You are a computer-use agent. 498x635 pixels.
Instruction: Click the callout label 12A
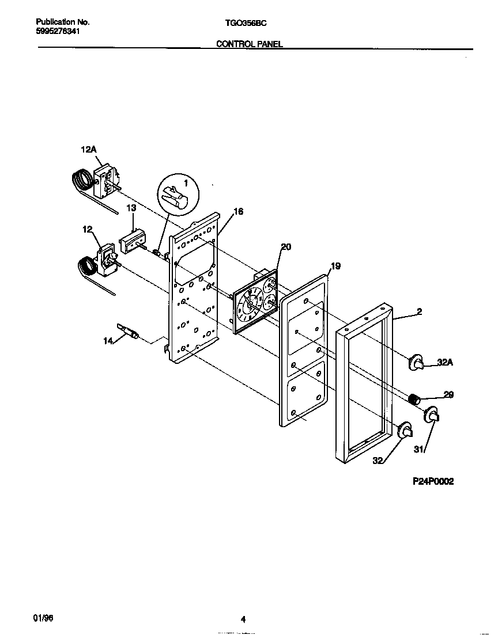click(x=88, y=150)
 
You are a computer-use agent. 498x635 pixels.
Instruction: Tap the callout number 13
click(x=131, y=207)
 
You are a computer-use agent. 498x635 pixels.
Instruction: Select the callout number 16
click(x=238, y=211)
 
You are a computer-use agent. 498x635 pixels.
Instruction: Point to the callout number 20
click(x=285, y=247)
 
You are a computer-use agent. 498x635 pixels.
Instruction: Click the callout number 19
click(x=335, y=266)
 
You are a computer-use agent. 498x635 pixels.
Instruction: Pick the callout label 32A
click(x=445, y=363)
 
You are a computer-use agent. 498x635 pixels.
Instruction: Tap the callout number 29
click(x=448, y=394)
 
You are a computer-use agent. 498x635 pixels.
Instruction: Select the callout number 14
click(x=108, y=341)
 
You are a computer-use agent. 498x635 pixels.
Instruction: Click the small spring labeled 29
click(x=413, y=398)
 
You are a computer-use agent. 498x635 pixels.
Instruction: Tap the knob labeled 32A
click(x=416, y=362)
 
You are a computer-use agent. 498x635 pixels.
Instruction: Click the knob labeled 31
click(x=432, y=415)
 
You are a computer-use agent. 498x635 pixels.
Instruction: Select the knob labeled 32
click(x=406, y=429)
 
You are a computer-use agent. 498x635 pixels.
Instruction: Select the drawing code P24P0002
click(x=432, y=481)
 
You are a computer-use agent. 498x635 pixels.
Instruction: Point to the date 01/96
click(x=43, y=617)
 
